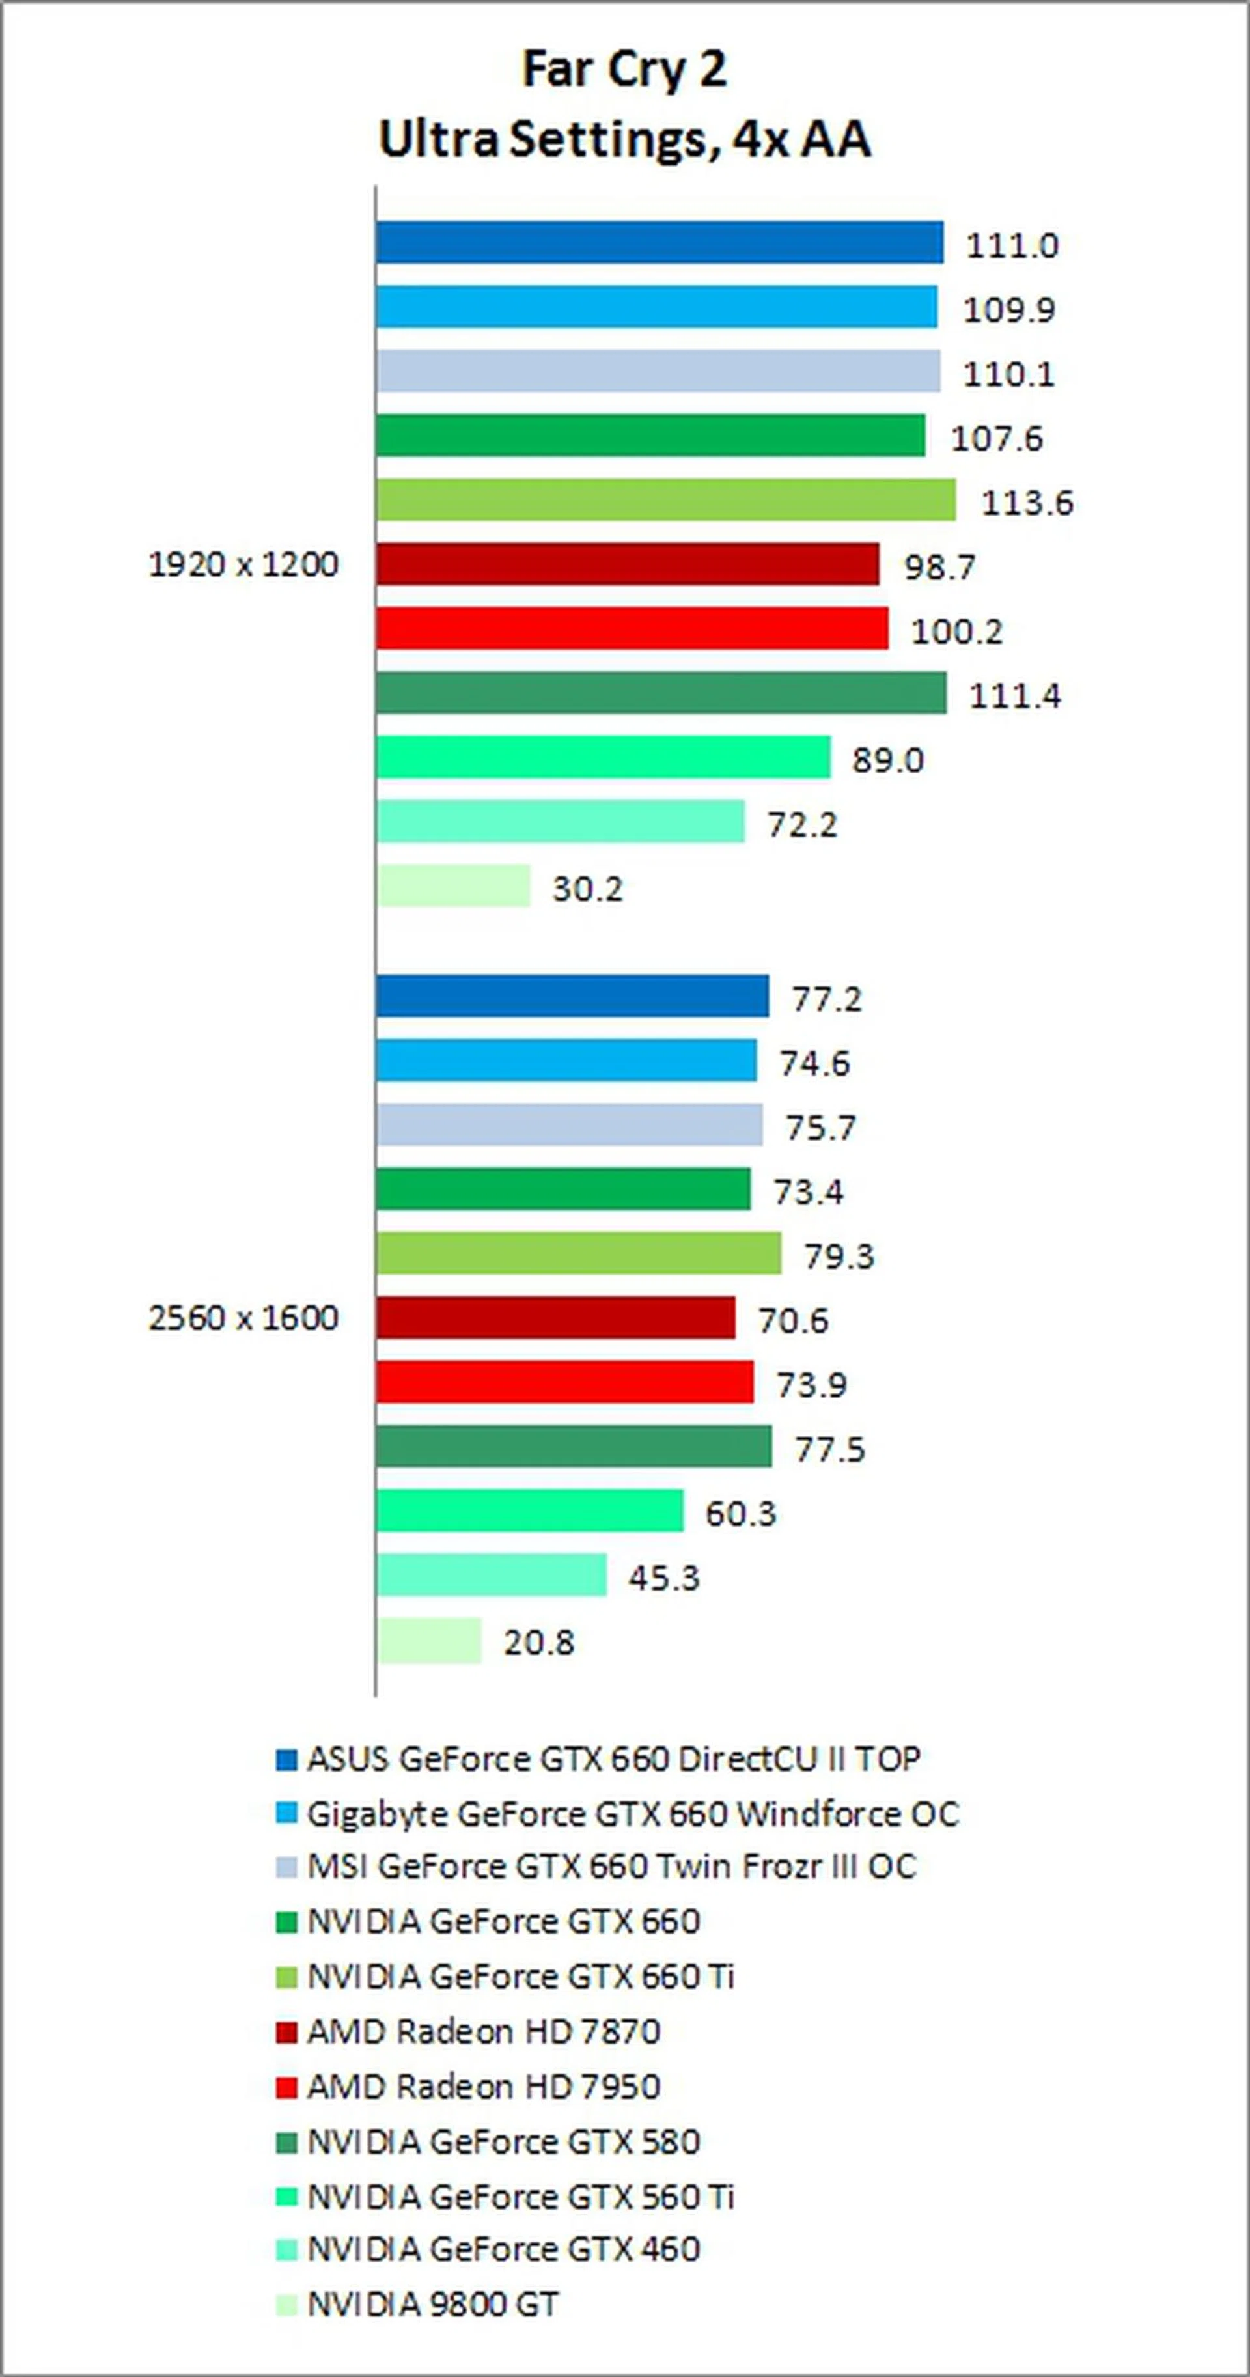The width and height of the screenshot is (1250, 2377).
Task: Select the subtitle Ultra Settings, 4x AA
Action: point(624,140)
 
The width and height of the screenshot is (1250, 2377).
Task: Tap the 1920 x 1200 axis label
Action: point(243,564)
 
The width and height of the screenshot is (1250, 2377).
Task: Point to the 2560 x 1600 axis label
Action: point(243,1318)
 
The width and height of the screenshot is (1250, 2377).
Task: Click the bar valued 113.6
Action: point(665,499)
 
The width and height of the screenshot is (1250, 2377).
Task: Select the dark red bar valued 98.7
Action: point(628,564)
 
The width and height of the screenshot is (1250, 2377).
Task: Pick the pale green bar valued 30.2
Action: point(453,886)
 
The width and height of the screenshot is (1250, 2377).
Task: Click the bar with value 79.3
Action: point(578,1253)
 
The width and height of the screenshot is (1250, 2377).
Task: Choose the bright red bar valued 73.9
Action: point(564,1382)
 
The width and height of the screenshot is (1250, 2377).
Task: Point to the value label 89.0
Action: point(887,760)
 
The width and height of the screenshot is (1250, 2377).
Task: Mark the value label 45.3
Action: point(664,1578)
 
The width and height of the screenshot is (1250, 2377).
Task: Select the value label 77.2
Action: point(827,999)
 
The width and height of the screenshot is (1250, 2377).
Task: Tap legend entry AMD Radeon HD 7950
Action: point(483,2087)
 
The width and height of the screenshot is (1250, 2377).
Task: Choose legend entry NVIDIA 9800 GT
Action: point(433,2304)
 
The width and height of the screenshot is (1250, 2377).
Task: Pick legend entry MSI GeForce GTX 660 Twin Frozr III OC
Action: point(611,1867)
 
